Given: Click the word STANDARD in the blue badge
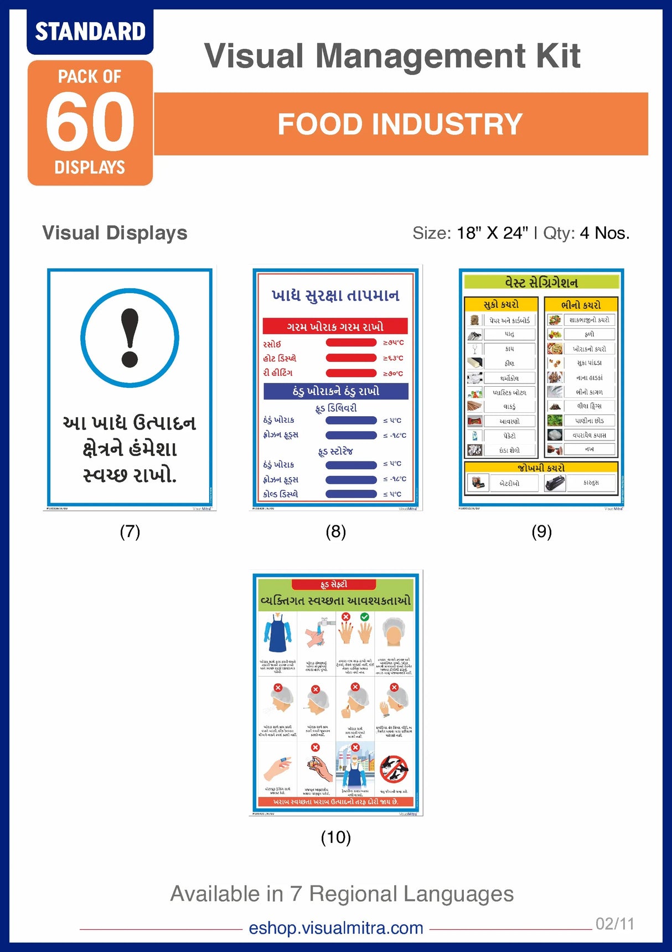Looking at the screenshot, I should pyautogui.click(x=90, y=32).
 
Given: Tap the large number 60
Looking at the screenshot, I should pyautogui.click(x=90, y=121).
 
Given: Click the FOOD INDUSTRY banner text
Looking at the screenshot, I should pyautogui.click(x=400, y=124).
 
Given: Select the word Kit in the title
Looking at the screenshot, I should pyautogui.click(x=558, y=55).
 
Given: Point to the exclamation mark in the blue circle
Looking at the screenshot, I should pyautogui.click(x=130, y=337).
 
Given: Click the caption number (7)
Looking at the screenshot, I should pyautogui.click(x=130, y=531).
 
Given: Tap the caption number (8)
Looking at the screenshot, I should pyautogui.click(x=336, y=531).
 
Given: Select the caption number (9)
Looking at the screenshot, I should pyautogui.click(x=541, y=531).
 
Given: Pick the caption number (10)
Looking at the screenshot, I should pyautogui.click(x=336, y=837).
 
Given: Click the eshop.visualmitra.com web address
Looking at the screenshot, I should pyautogui.click(x=336, y=928).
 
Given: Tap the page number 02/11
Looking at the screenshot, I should pyautogui.click(x=614, y=924).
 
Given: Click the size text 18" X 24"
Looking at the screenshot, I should pyautogui.click(x=493, y=233).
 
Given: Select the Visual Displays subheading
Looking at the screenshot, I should pyautogui.click(x=115, y=233).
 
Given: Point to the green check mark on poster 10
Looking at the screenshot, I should pyautogui.click(x=364, y=617).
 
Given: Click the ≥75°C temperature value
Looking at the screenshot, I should pyautogui.click(x=394, y=343).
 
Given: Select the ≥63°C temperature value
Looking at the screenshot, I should pyautogui.click(x=394, y=358).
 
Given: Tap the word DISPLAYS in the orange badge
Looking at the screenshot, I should pyautogui.click(x=90, y=167).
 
